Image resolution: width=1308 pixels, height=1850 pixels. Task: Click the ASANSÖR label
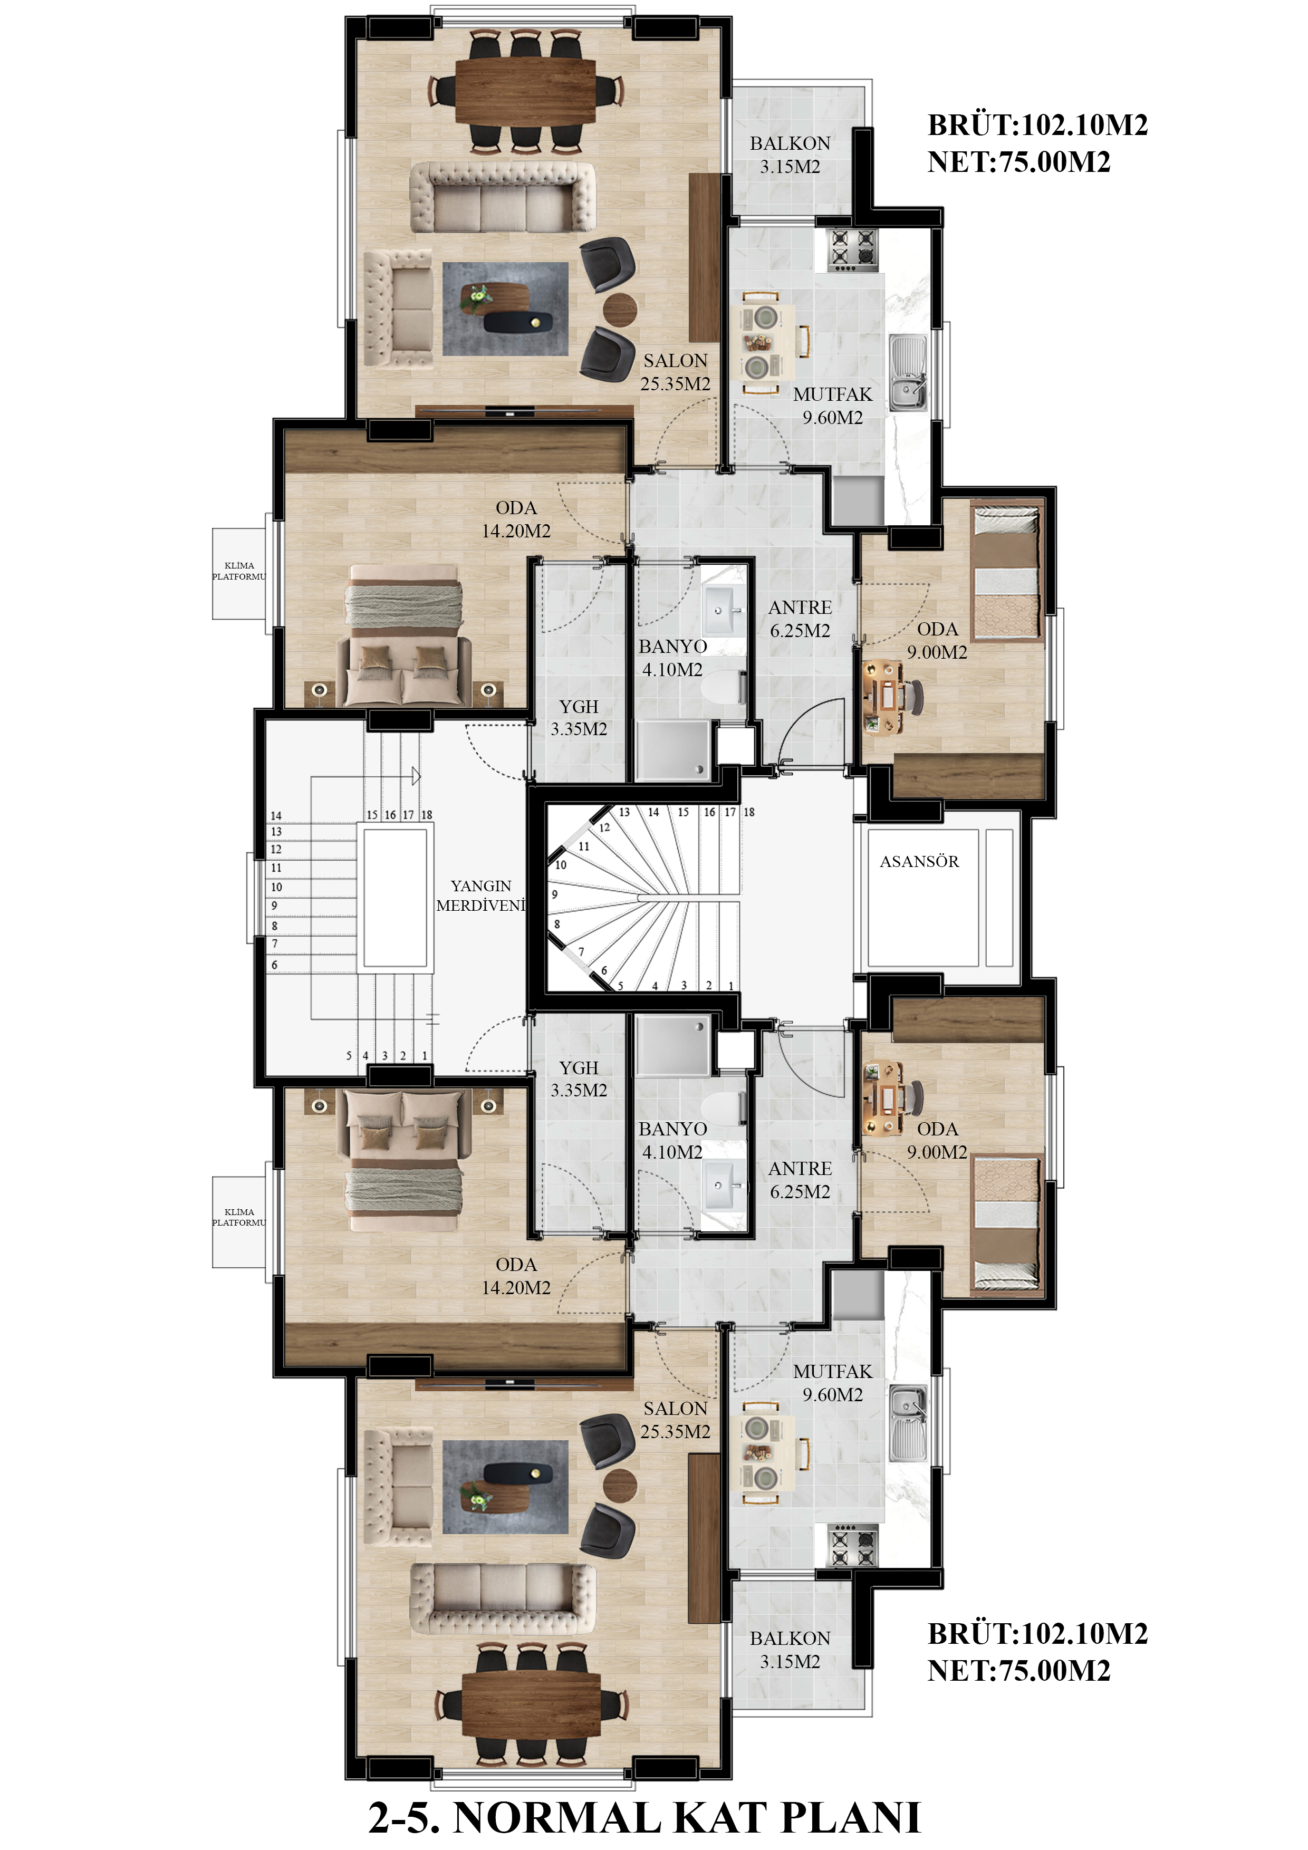click(919, 861)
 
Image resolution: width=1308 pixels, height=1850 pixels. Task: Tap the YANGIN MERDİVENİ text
click(480, 895)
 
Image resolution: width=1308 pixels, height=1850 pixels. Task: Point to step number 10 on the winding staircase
click(561, 864)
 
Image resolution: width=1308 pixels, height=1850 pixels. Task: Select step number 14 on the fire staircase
click(276, 815)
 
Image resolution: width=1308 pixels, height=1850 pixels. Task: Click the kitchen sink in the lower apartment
click(908, 1423)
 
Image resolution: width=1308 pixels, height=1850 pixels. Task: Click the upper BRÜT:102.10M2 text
click(1037, 125)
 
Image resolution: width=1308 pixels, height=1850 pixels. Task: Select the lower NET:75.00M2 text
click(1018, 1670)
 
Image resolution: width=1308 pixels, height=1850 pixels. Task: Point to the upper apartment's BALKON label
click(790, 143)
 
